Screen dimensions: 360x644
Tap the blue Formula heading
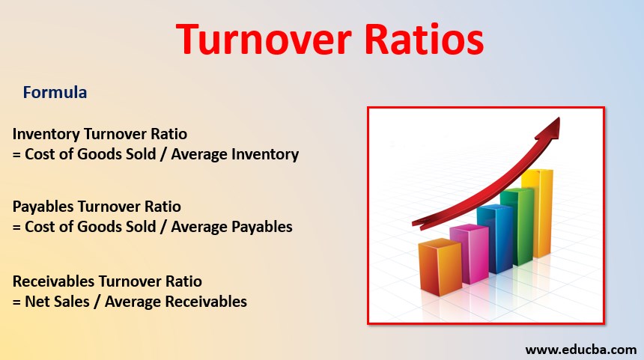click(55, 93)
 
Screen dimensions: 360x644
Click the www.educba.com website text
click(580, 350)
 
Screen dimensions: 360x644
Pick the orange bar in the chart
click(440, 267)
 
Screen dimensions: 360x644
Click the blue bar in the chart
click(494, 238)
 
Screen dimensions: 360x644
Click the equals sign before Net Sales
click(17, 302)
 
